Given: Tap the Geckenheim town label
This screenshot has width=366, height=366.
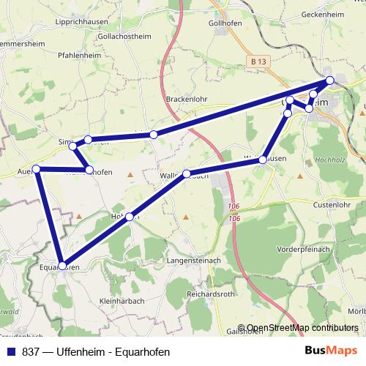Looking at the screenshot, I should click(x=324, y=15).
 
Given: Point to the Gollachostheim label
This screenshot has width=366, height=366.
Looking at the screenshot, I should click(x=113, y=36).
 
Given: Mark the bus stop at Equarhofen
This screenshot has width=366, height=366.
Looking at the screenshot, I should click(x=63, y=265).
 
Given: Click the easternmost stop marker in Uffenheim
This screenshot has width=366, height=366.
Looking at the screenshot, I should click(x=330, y=80).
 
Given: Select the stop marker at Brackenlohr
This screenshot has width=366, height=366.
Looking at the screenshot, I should click(x=154, y=135).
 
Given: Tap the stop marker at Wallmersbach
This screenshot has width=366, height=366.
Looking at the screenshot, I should click(x=187, y=173).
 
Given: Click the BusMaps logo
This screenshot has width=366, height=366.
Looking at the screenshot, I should click(x=330, y=351).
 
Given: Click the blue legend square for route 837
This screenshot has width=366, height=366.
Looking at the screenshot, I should click(x=11, y=351).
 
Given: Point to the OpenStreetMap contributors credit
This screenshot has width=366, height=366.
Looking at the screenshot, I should click(x=302, y=328).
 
